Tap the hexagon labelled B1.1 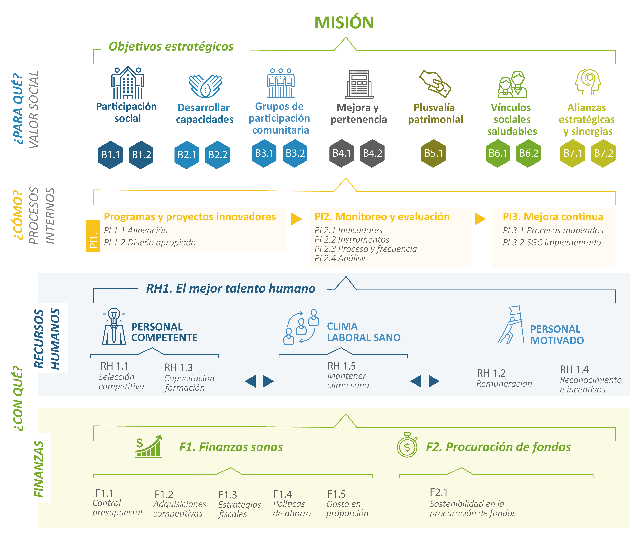click(110, 155)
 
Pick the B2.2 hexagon click(217, 155)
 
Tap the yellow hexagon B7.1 click(572, 153)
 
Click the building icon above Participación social click(128, 83)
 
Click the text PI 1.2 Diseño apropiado click(150, 242)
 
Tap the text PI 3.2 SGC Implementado click(552, 242)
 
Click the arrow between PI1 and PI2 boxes click(296, 219)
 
